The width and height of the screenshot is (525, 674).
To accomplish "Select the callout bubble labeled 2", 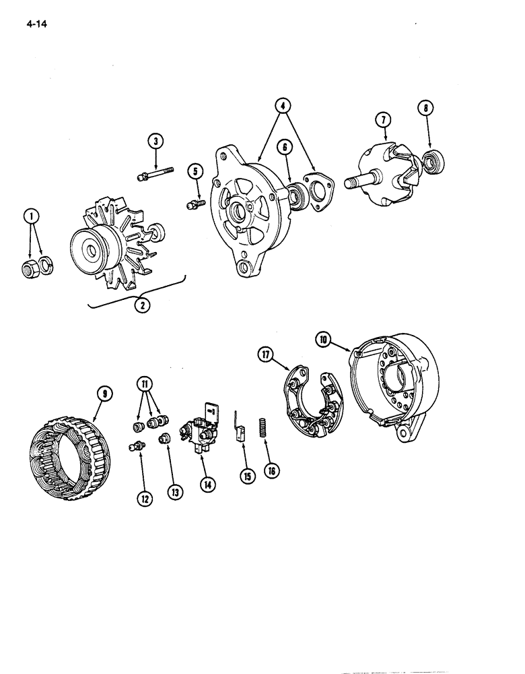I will tap(142, 305).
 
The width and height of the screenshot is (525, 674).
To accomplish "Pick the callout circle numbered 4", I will tap(283, 105).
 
